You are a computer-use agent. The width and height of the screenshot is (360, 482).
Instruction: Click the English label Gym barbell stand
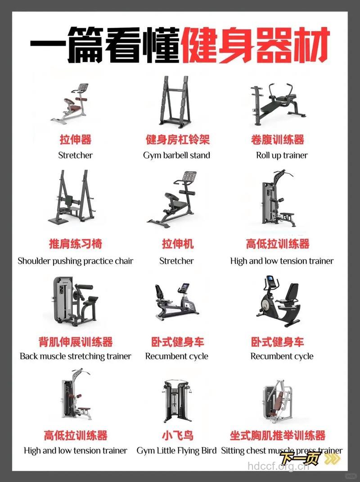[x=176, y=155]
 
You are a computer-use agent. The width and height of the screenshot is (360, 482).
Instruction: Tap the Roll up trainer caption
[x=282, y=155]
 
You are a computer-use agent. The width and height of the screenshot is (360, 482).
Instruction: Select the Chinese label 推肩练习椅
[x=76, y=244]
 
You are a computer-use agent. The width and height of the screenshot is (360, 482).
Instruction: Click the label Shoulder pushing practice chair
[x=75, y=261]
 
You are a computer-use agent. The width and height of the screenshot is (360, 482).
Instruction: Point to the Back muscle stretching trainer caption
[x=75, y=356]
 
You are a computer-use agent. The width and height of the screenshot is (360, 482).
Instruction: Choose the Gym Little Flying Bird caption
[x=176, y=450]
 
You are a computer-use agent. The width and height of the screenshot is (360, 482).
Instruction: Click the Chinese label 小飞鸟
[x=178, y=435]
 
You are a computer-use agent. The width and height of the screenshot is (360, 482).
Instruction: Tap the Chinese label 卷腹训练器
[x=278, y=139]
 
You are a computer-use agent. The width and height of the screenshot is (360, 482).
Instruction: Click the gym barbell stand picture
[x=175, y=102]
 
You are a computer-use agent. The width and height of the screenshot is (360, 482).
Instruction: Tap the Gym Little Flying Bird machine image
[x=176, y=400]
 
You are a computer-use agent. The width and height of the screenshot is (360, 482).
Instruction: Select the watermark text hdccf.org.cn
[x=278, y=466]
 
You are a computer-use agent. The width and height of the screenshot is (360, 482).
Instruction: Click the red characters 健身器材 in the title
[x=256, y=45]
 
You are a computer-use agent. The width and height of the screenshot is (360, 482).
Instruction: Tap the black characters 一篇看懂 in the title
[x=105, y=45]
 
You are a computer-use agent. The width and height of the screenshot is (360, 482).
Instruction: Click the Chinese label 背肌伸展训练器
[x=76, y=341]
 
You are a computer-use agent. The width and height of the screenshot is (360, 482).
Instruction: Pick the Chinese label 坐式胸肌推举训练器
[x=278, y=435]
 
